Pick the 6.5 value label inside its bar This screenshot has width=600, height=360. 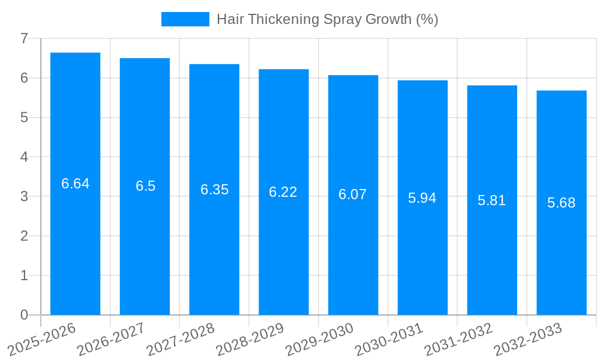145,186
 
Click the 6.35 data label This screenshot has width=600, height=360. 214,190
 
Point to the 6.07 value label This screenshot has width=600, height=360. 352,194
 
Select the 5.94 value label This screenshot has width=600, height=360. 422,198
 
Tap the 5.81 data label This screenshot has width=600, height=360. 491,200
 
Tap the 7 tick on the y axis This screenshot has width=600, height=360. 24,38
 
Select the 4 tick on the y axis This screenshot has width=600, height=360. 24,157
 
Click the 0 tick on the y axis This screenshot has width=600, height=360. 24,315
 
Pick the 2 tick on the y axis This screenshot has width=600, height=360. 24,236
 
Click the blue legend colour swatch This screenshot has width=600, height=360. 185,19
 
